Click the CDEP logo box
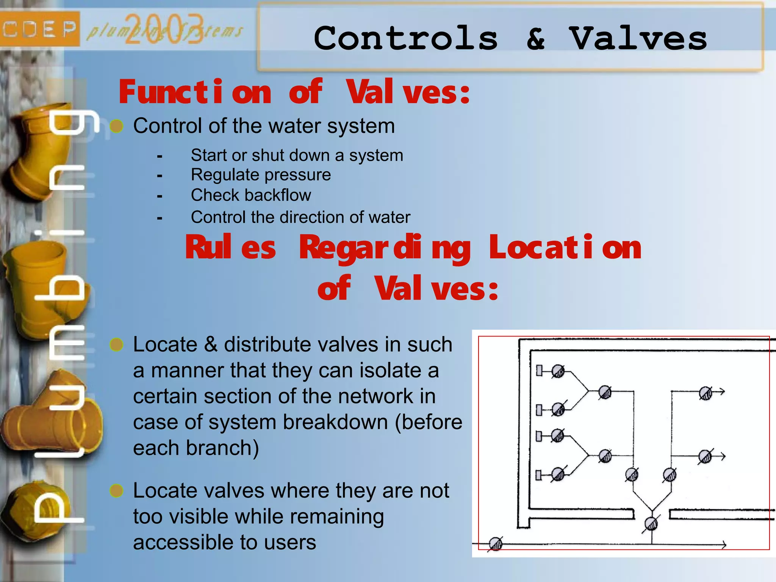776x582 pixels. tap(39, 29)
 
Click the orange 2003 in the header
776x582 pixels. tap(164, 29)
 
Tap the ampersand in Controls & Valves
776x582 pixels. tap(535, 38)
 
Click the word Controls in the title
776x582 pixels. tap(405, 38)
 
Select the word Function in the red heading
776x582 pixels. tap(195, 92)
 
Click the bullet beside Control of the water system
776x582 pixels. tap(117, 126)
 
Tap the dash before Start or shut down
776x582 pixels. tap(160, 156)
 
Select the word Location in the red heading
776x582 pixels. tap(565, 247)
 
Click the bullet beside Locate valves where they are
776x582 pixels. tap(117, 490)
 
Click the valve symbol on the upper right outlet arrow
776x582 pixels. tap(705, 393)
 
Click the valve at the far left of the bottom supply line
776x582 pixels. tap(496, 544)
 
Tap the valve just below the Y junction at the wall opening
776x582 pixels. tap(651, 524)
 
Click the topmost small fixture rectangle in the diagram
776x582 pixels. tap(539, 371)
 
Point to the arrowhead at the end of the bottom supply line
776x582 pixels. tap(724, 545)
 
